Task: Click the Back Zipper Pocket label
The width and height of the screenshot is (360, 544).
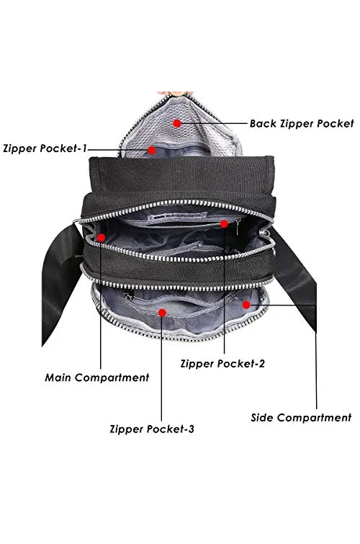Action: (302, 123)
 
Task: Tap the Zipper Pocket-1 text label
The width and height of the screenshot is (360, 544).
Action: (45, 148)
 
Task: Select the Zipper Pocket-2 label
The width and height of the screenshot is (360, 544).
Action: (222, 364)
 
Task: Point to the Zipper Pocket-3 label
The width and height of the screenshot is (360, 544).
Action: (152, 429)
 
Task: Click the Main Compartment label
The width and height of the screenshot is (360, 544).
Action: (97, 378)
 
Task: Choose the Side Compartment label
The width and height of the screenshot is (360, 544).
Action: (301, 417)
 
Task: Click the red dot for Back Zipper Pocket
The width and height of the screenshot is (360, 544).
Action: (177, 123)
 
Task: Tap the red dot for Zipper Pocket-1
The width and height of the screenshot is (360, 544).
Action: (152, 150)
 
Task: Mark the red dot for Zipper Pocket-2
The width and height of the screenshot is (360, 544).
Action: (224, 224)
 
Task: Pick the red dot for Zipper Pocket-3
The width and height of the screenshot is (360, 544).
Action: (162, 313)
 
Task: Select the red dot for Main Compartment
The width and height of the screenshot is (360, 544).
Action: (101, 238)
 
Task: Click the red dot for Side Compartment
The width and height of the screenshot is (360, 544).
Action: (246, 305)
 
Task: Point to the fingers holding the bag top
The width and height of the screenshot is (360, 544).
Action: (175, 94)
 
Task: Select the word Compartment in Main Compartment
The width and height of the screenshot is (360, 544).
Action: (112, 378)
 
